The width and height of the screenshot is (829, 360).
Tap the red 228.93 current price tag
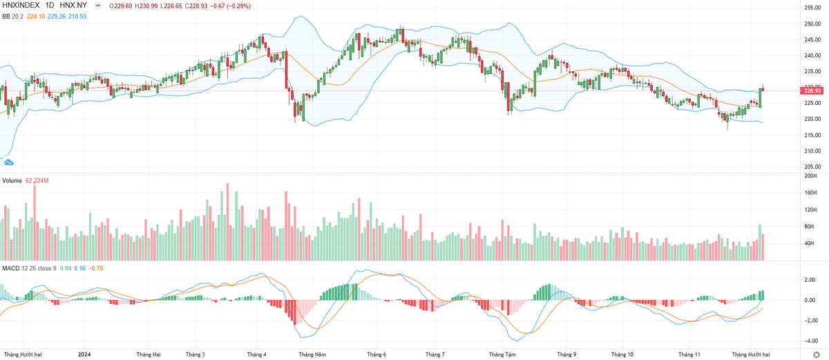tap(812, 91)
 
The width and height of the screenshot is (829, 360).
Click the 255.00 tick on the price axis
tap(812, 8)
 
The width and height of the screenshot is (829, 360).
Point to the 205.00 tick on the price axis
tap(812, 167)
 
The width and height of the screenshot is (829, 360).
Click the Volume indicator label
tap(12, 181)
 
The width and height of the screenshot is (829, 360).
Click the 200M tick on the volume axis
tap(810, 176)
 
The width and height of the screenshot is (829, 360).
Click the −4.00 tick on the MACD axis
tap(809, 341)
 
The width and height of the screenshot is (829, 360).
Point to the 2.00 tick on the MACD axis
tap(809, 280)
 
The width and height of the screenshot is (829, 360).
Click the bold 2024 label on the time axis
tap(84, 354)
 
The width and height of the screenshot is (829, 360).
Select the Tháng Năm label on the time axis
tap(312, 354)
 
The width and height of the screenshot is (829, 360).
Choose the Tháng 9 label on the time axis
tap(566, 354)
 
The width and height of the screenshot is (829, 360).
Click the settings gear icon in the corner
tap(816, 354)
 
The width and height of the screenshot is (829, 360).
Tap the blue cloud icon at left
tap(9, 162)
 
